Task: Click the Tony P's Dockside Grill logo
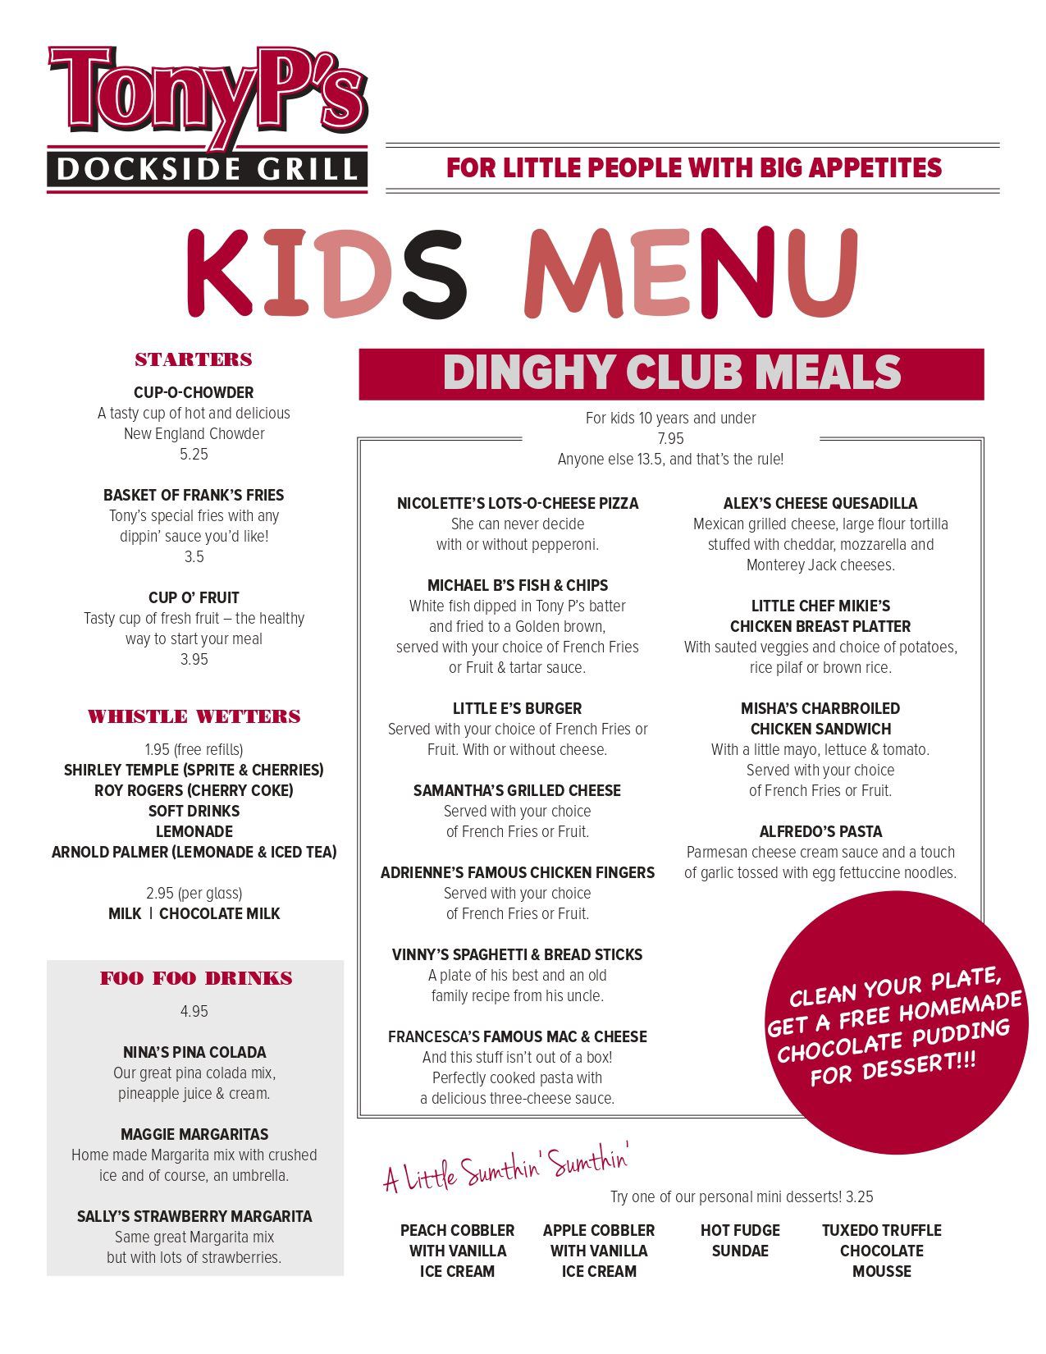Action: [x=207, y=119]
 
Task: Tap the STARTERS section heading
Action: [x=194, y=359]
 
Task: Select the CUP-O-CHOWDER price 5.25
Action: [x=194, y=455]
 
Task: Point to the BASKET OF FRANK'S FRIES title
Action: [x=194, y=495]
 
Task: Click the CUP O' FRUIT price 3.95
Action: [x=194, y=660]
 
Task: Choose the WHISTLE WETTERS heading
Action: [x=194, y=716]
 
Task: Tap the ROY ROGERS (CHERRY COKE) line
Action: [x=194, y=790]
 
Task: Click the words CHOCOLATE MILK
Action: [x=219, y=913]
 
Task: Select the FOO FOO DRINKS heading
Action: [x=196, y=978]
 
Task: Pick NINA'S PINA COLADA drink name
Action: [x=194, y=1052]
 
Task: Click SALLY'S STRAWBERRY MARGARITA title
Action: [x=194, y=1216]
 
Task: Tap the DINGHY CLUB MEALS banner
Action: [x=671, y=373]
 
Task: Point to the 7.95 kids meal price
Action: [x=670, y=439]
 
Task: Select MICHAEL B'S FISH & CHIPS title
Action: [x=518, y=585]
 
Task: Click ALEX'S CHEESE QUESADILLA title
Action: [x=820, y=503]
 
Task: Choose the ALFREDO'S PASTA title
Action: [x=820, y=831]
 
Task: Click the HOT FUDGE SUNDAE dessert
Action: [x=740, y=1241]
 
